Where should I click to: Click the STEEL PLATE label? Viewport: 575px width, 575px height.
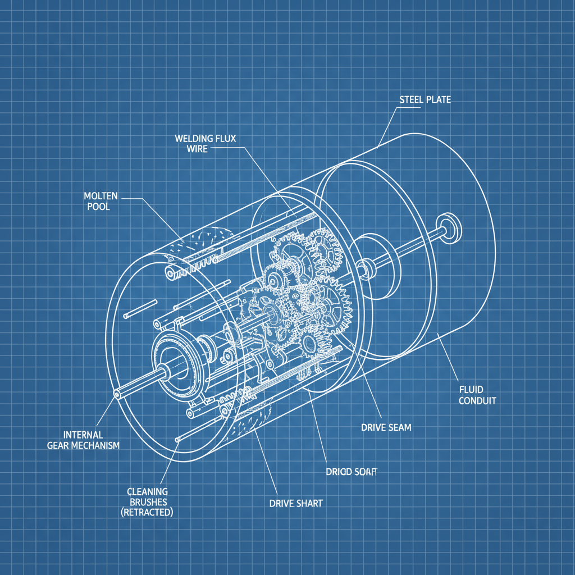(425, 100)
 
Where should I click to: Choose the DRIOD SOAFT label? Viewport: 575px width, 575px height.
(351, 472)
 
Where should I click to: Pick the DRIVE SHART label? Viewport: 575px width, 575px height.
(296, 503)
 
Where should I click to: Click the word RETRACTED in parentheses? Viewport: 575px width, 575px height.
(147, 513)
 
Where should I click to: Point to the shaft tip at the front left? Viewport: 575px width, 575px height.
(117, 394)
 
